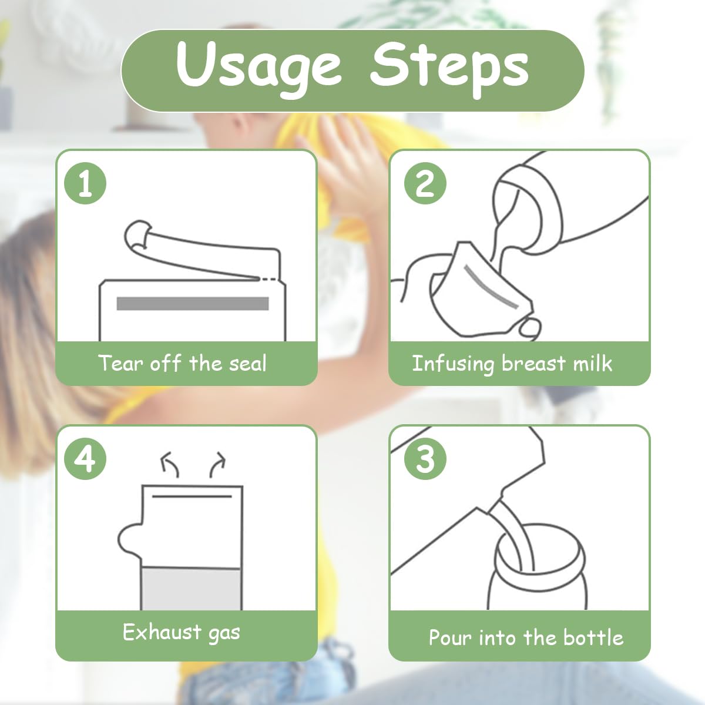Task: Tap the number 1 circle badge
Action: [x=85, y=183]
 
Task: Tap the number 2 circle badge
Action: [x=425, y=183]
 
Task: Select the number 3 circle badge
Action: [x=425, y=459]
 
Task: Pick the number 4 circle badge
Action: [x=85, y=459]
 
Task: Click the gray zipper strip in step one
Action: [x=193, y=304]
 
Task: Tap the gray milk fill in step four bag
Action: [x=191, y=589]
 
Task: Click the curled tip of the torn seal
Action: [x=137, y=234]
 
